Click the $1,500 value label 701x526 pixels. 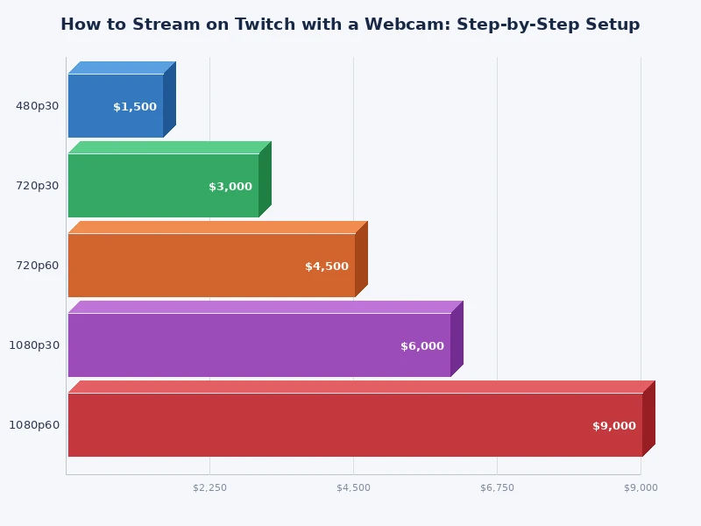coord(135,107)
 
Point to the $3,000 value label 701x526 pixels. coord(230,187)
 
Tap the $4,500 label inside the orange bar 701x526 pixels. coord(327,267)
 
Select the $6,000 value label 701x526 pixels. coord(422,346)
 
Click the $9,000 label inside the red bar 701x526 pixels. coord(614,426)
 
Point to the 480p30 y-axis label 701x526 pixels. coord(38,106)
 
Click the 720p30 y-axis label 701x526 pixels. coord(38,186)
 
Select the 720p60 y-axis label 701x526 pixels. coord(38,266)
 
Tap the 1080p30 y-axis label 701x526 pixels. coord(34,345)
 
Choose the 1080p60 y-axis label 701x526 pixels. coord(34,425)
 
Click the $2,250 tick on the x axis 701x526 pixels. coord(209,487)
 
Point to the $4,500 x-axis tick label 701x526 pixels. coord(353,487)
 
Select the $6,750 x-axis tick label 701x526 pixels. coord(497,487)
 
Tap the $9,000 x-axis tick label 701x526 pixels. coord(641,487)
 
